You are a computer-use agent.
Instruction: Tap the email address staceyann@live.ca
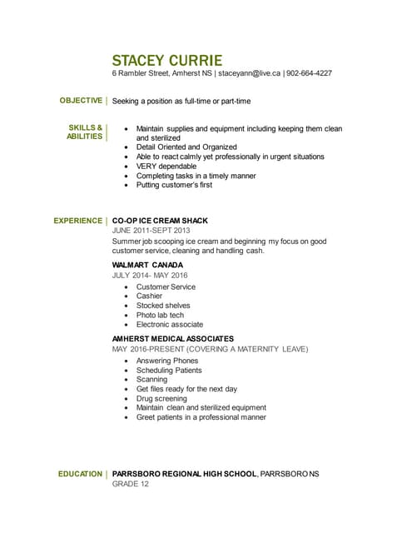pos(250,73)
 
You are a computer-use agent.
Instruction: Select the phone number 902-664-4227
pos(310,73)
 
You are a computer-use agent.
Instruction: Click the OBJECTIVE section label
pos(81,101)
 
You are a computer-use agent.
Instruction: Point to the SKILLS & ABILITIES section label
pos(85,132)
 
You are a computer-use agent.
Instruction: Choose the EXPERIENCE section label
pos(78,221)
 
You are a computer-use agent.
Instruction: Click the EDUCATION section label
pos(81,474)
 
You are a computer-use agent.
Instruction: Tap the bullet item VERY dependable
pos(166,167)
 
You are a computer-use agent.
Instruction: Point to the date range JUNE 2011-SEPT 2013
pos(151,231)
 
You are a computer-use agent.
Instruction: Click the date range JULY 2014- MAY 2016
pos(150,276)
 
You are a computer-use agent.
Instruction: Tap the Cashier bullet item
pos(149,296)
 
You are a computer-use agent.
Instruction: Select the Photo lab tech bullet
pos(160,316)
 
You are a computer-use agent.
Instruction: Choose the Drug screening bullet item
pos(161,399)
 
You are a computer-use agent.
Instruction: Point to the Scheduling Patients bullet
pos(169,371)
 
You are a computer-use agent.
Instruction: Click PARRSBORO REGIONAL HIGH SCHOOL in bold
pos(184,474)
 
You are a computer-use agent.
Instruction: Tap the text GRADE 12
pos(131,484)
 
